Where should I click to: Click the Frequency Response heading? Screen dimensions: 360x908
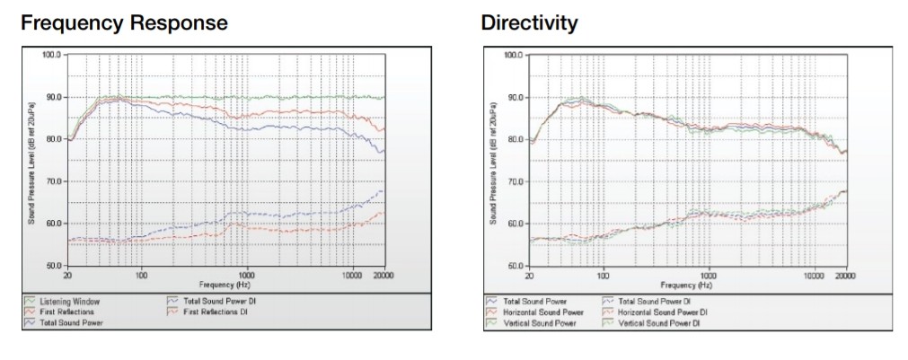(x=123, y=22)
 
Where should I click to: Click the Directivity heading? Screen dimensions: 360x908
(x=529, y=22)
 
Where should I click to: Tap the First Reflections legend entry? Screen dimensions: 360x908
(x=63, y=312)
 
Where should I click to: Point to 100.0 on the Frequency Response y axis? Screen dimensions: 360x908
(x=50, y=55)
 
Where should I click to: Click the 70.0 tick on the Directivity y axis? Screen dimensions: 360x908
(x=514, y=181)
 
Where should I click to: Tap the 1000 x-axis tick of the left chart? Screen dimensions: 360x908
(x=247, y=274)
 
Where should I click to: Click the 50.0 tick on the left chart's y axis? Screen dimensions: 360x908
(x=52, y=266)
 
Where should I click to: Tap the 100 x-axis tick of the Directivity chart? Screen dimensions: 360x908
(x=604, y=274)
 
